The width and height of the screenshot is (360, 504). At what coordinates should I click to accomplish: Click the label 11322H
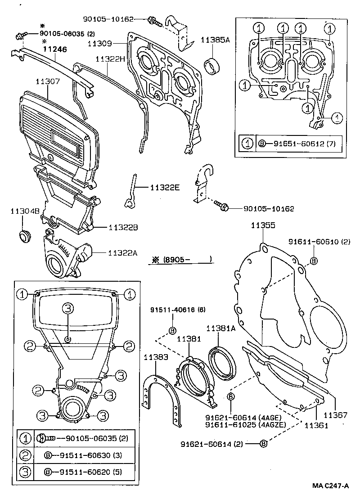click(109, 59)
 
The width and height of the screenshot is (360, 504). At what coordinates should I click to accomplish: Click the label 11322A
click(123, 253)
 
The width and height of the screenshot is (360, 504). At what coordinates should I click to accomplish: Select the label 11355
click(263, 225)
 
